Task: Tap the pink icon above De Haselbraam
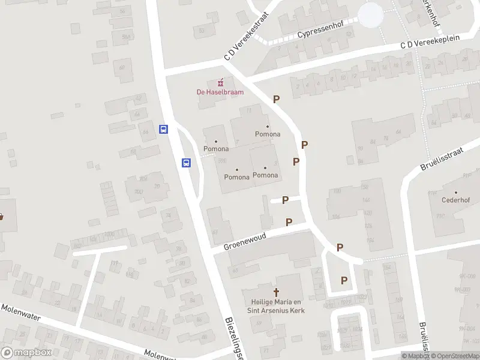(220, 82)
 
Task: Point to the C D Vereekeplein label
(430, 41)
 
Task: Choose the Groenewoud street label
(245, 242)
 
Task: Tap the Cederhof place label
(455, 200)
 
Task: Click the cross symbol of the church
(277, 292)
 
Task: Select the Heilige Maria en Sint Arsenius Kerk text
(276, 306)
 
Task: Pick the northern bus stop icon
(163, 129)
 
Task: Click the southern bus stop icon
(187, 163)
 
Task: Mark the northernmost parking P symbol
(276, 100)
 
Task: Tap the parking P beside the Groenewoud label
(289, 223)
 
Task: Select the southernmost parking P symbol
(344, 280)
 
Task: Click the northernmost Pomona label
(268, 134)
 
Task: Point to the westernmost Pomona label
(216, 148)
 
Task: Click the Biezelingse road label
(233, 339)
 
